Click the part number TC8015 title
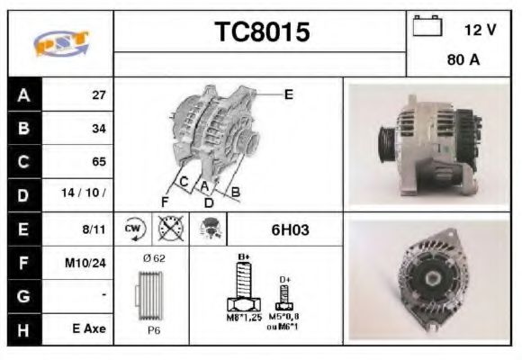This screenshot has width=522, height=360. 261,32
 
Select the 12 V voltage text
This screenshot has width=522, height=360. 480,30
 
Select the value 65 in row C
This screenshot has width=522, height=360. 99,162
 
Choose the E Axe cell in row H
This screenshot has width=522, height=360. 89,329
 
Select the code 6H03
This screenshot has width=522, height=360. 290,229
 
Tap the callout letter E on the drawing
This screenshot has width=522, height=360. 288,93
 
